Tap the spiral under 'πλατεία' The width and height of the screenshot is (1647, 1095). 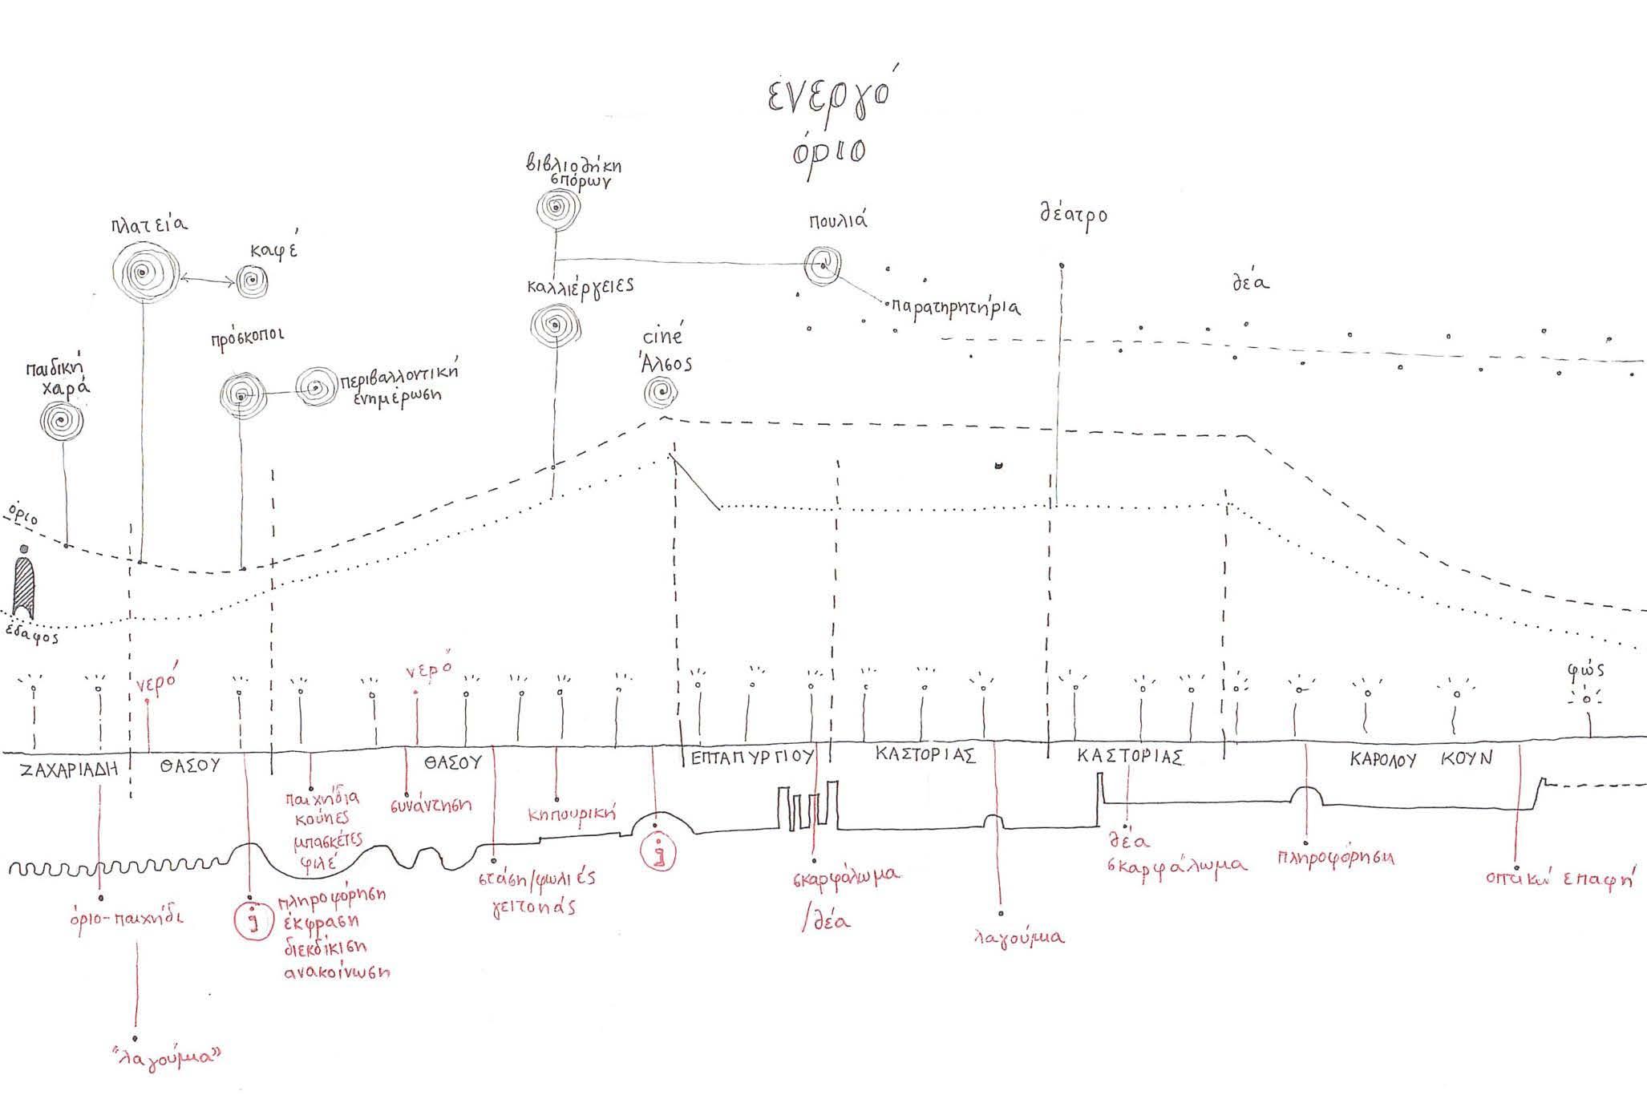(144, 273)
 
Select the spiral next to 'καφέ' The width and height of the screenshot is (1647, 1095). (251, 282)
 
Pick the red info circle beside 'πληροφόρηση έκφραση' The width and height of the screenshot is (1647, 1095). (253, 920)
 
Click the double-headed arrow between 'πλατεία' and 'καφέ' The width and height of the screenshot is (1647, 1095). (207, 280)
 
